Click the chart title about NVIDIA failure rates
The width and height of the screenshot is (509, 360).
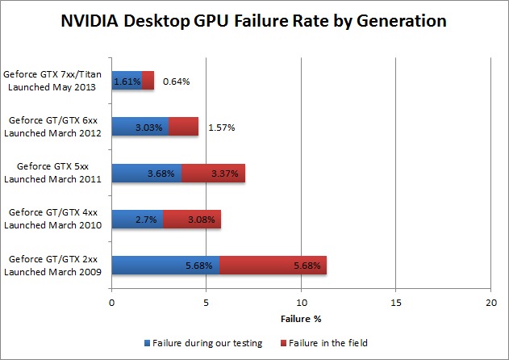coord(254,22)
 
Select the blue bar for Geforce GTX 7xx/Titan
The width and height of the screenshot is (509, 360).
coord(127,81)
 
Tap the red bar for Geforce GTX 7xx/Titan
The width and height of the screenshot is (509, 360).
coord(148,81)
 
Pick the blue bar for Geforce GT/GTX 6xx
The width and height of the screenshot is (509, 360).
coord(140,127)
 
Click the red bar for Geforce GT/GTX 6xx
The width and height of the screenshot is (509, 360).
coord(183,127)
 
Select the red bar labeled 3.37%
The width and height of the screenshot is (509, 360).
coord(213,173)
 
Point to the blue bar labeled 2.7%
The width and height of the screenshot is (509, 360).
coord(137,218)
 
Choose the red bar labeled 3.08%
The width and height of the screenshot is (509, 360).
coord(192,218)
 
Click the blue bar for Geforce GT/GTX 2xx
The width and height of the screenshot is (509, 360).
coord(165,264)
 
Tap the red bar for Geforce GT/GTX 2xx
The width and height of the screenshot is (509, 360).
coord(273,264)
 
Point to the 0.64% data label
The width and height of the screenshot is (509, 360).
coord(176,82)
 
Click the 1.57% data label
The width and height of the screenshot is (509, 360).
coord(221,128)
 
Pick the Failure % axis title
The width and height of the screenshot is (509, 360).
coord(300,319)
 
